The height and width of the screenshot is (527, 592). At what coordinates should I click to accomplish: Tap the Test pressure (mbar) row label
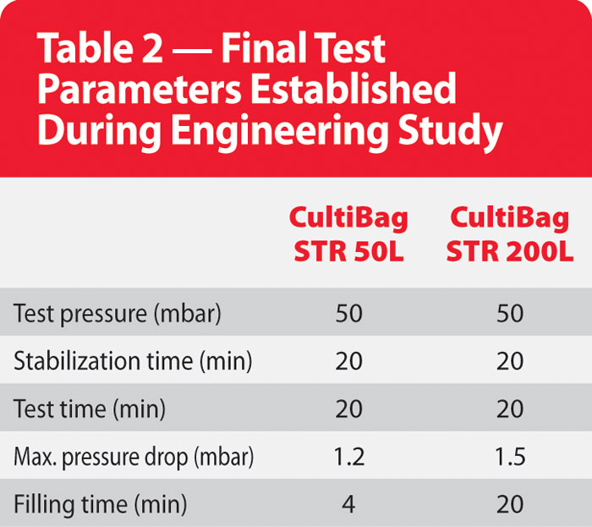pyautogui.click(x=118, y=314)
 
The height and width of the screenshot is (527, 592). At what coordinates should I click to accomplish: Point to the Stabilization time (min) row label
pyautogui.click(x=133, y=361)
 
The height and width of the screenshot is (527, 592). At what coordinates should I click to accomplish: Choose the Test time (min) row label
pyautogui.click(x=90, y=409)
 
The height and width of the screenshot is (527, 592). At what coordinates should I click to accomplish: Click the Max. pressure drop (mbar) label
pyautogui.click(x=134, y=458)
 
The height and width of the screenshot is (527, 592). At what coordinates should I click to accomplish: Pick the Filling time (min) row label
pyautogui.click(x=100, y=505)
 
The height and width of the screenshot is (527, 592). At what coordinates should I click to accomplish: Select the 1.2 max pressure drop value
pyautogui.click(x=348, y=458)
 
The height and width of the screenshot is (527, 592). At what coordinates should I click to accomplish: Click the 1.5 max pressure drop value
pyautogui.click(x=510, y=458)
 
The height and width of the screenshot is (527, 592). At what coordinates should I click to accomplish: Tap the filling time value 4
pyautogui.click(x=348, y=505)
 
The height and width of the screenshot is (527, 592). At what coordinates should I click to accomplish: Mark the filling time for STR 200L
pyautogui.click(x=510, y=505)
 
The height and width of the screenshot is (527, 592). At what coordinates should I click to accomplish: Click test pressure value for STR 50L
pyautogui.click(x=348, y=314)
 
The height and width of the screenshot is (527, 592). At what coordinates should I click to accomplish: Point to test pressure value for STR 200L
pyautogui.click(x=510, y=314)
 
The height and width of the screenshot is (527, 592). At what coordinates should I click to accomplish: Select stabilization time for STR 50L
pyautogui.click(x=348, y=361)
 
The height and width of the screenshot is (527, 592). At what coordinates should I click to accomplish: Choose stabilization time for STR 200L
pyautogui.click(x=510, y=361)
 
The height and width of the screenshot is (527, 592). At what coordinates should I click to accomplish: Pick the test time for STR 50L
pyautogui.click(x=348, y=409)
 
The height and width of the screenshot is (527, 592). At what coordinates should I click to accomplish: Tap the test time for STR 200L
pyautogui.click(x=510, y=409)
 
